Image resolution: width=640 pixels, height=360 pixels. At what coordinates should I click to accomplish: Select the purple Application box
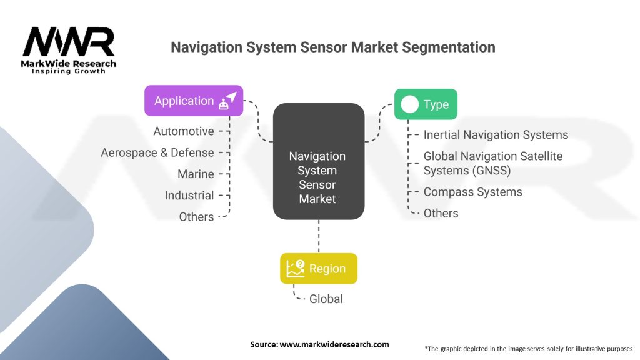tap(194, 101)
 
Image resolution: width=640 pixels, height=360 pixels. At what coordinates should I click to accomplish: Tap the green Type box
tap(426, 104)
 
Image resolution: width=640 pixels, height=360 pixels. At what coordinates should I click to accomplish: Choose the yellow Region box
tap(319, 269)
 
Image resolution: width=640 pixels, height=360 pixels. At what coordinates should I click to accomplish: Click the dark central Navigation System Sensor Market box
tap(319, 161)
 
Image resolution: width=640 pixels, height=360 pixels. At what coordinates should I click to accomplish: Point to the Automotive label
tap(184, 131)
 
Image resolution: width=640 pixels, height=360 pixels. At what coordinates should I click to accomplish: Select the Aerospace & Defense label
tap(157, 152)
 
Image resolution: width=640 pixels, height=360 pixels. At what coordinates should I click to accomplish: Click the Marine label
tap(196, 174)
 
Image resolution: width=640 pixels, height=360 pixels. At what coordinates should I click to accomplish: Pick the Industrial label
tap(189, 196)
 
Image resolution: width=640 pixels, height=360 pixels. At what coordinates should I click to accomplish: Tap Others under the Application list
tap(196, 217)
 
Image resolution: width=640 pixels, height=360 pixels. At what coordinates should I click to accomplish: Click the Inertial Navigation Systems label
tap(496, 134)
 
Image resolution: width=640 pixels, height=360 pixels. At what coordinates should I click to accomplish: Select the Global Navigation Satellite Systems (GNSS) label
tap(492, 163)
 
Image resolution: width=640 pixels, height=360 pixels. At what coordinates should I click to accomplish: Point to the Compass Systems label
tap(472, 192)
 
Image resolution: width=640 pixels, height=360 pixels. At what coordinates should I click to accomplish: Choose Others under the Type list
tap(441, 213)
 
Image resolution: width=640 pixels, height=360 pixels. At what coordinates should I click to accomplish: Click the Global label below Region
tap(326, 299)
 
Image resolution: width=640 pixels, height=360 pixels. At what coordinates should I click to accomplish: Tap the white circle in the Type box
tap(409, 104)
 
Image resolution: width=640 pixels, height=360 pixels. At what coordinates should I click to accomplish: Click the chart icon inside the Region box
tap(296, 269)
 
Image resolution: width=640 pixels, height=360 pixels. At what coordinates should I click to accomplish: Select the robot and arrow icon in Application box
tap(227, 101)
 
